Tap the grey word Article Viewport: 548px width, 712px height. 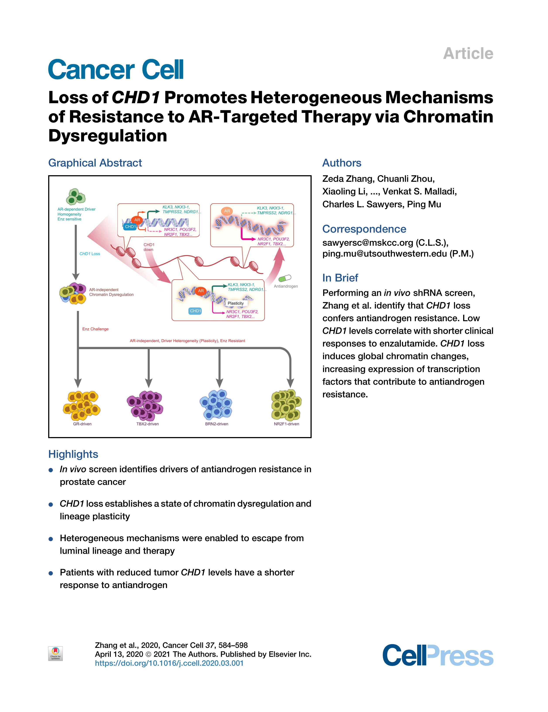468,53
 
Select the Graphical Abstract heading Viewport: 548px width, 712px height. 95,163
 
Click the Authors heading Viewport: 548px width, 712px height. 342,163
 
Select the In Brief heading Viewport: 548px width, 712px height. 340,278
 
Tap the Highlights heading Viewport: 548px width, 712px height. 73,454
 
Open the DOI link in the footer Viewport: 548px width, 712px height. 169,663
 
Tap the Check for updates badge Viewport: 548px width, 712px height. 55,654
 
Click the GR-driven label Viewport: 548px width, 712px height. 82,424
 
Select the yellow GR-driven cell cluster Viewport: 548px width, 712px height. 82,405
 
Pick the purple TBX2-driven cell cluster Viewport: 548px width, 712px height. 145,405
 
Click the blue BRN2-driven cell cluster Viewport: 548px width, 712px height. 216,405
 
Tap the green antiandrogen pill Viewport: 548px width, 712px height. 285,278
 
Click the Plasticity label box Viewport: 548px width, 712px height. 236,303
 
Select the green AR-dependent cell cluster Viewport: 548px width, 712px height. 76,197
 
